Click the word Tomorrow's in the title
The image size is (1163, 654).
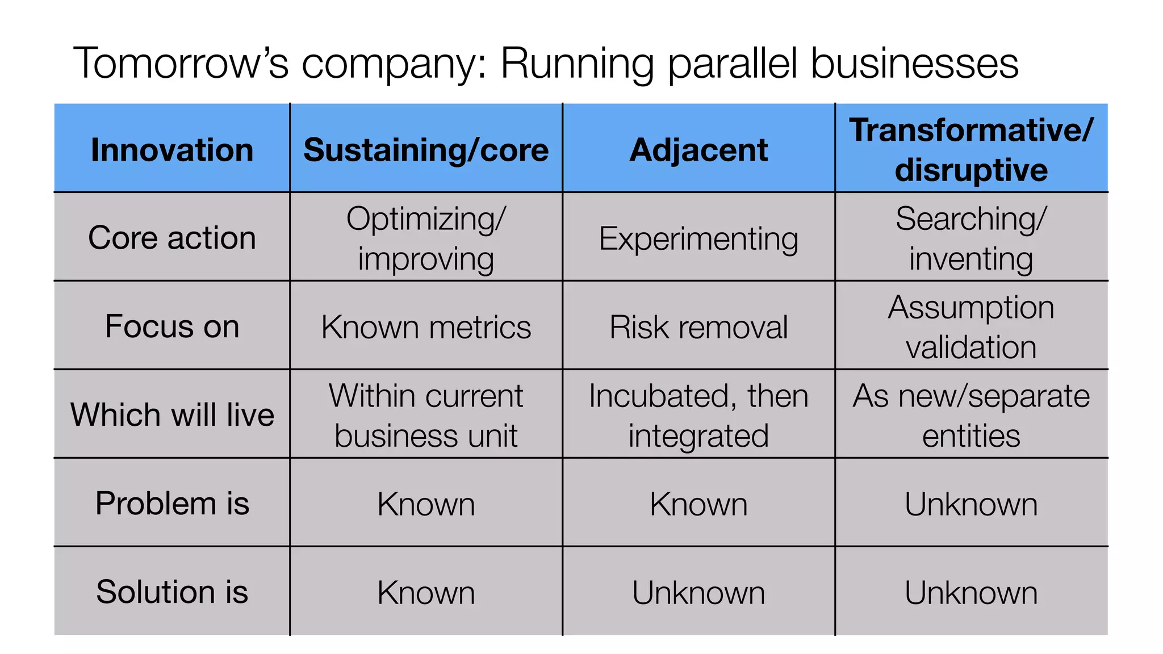181,63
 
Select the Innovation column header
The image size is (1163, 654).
172,150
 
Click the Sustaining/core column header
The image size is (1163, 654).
426,150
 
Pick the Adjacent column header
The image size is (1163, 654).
698,150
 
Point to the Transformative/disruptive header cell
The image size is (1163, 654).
971,150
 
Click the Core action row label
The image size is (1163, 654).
172,237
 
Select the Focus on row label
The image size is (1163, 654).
172,326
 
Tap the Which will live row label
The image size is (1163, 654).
172,414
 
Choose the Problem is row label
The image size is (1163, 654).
172,504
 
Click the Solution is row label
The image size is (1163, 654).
172,592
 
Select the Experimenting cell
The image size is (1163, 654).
698,238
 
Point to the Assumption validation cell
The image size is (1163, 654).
971,327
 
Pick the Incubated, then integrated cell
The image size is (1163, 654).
698,416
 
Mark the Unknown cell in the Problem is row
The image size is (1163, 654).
971,504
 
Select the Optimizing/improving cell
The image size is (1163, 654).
426,238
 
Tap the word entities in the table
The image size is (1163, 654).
971,436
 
